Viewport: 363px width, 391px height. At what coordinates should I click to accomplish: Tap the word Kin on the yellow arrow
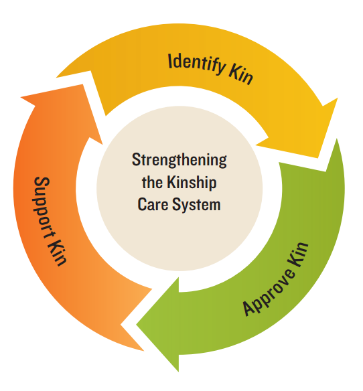click(240, 74)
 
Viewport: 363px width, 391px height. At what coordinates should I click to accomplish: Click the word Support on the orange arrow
click(45, 201)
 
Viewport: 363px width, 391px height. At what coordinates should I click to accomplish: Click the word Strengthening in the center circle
click(179, 161)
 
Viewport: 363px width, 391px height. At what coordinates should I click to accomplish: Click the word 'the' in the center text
click(152, 183)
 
